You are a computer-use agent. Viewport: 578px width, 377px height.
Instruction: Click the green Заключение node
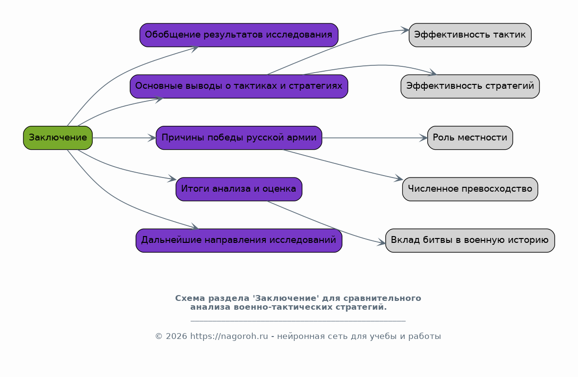(58, 138)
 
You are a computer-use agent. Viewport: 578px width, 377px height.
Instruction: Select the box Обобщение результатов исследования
(239, 35)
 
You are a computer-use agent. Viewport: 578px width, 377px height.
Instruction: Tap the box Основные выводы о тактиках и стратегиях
(239, 86)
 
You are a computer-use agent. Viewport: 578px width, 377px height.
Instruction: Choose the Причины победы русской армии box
(239, 138)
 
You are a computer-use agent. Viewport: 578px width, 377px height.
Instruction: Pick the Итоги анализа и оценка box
(239, 189)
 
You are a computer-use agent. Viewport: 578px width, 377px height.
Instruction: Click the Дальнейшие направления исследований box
(239, 240)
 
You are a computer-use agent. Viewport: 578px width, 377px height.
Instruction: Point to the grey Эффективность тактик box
(470, 35)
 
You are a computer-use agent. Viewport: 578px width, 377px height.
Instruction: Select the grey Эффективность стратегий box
(470, 86)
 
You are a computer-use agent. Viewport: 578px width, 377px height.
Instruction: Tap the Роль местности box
(470, 138)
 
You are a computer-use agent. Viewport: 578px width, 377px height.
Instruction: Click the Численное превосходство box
(470, 189)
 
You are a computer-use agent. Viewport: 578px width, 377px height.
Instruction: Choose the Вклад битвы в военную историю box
(470, 240)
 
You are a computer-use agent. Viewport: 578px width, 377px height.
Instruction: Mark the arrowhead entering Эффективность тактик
(405, 30)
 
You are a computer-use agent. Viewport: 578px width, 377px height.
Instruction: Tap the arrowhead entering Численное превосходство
(399, 179)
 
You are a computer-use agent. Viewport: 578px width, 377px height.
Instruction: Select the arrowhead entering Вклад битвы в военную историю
(381, 242)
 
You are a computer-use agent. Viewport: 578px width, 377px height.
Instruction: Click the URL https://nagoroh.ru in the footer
(229, 337)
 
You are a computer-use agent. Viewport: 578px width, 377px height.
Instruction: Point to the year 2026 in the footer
(176, 337)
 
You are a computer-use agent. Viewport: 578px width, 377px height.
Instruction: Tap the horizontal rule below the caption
(298, 321)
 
